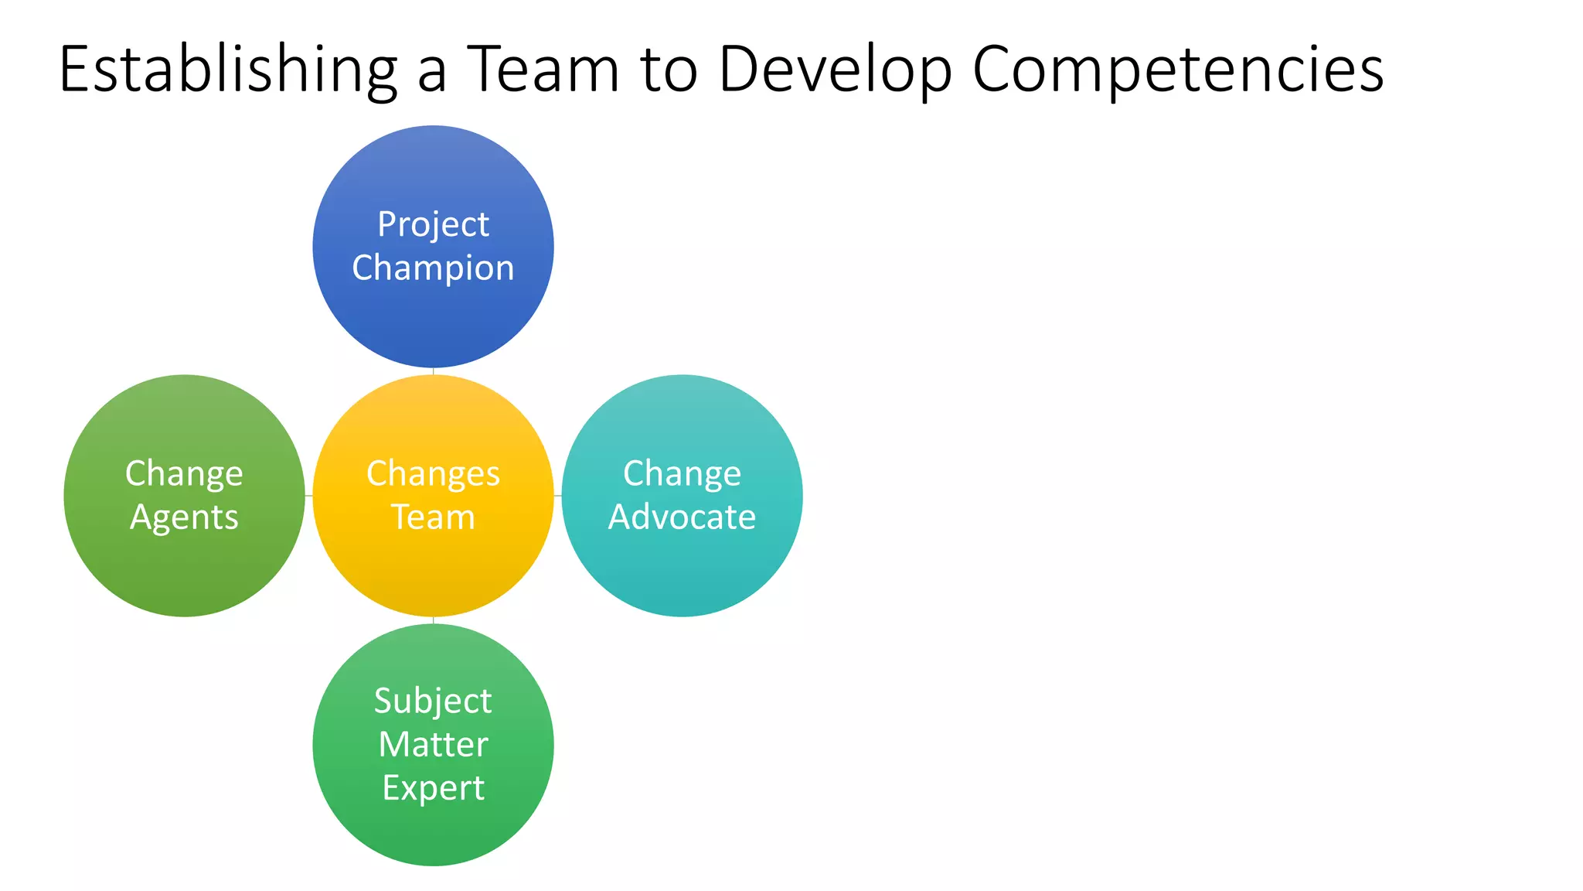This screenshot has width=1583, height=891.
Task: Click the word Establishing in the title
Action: [x=228, y=70]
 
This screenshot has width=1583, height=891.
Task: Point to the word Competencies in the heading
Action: [x=1177, y=70]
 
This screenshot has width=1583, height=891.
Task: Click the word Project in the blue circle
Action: [x=433, y=225]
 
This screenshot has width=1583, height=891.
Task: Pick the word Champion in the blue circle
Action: [x=433, y=268]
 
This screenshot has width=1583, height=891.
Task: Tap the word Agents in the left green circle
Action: [x=184, y=517]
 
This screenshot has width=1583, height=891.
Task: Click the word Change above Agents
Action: [x=184, y=473]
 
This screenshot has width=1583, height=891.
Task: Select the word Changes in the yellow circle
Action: [x=433, y=473]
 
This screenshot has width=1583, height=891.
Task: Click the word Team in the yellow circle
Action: [x=433, y=517]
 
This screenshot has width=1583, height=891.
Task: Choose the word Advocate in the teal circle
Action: [x=682, y=517]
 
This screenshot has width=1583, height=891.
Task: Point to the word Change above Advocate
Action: [x=682, y=473]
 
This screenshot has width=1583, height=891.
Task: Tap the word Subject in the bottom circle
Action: [x=433, y=702]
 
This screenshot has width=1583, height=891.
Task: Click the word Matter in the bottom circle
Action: [x=433, y=745]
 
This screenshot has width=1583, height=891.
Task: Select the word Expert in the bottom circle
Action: [x=433, y=788]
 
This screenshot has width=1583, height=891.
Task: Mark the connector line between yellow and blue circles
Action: [x=433, y=371]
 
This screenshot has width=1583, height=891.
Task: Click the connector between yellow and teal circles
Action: [x=558, y=496]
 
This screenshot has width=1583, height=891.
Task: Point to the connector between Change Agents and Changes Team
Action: [x=309, y=496]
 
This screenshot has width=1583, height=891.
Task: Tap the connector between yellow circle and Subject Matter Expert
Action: [x=433, y=620]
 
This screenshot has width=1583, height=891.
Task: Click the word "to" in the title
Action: [x=669, y=70]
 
